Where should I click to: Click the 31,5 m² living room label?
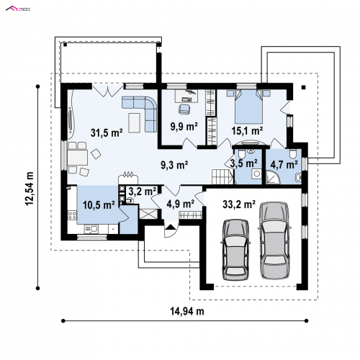coord(107,132)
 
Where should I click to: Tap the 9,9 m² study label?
coord(184,127)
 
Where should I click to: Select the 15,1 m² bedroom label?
coord(247,131)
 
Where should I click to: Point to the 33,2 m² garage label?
coord(239,204)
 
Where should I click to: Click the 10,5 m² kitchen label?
coord(99,205)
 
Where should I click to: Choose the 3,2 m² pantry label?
coord(143,192)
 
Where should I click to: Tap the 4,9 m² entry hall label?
coord(181,204)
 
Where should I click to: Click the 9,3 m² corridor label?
coord(174,165)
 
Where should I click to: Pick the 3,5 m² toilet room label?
coord(244,163)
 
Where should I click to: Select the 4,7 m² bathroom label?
coord(284,165)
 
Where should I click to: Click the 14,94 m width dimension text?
coord(187,311)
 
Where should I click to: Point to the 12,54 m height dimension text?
coord(30,189)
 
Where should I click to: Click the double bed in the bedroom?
coord(248,107)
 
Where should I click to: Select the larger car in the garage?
coord(274,240)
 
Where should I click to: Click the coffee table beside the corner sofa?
coord(134,122)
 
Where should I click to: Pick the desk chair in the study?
coord(184,109)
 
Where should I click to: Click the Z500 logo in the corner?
coord(18,9)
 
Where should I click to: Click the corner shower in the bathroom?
coord(274,177)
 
